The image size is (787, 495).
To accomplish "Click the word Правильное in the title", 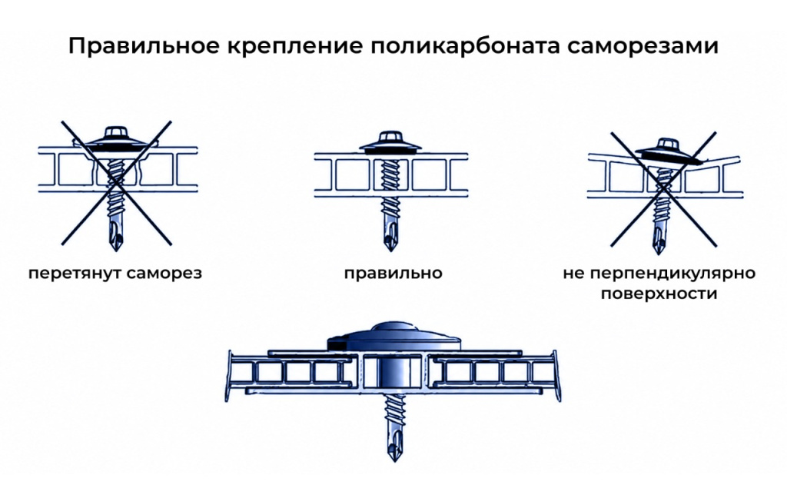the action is [x=144, y=46].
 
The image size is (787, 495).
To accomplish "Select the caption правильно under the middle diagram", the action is [x=393, y=274].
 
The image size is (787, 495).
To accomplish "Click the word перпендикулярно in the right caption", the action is [x=672, y=274].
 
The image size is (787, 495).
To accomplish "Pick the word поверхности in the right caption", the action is [x=659, y=294].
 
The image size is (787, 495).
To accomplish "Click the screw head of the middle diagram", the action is [x=390, y=142].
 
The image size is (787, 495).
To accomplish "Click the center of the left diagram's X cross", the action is [x=117, y=183].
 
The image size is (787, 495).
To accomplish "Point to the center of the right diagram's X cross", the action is [x=663, y=190].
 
